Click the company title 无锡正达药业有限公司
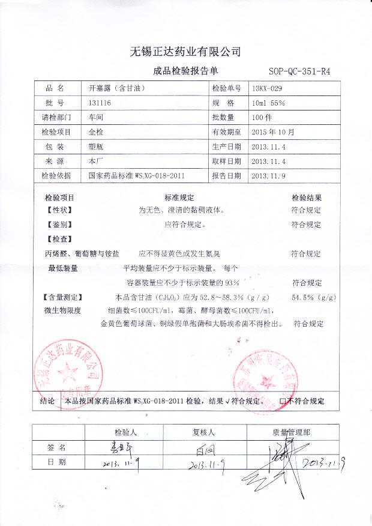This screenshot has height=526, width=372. point(185,50)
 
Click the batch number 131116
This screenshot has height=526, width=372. point(100,103)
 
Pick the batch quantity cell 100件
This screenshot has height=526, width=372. point(263,117)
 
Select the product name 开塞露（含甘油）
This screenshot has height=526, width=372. point(118,88)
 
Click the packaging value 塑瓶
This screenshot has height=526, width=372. point(97,147)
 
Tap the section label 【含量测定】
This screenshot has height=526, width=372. point(63,297)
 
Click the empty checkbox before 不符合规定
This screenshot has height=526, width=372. point(283,401)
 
